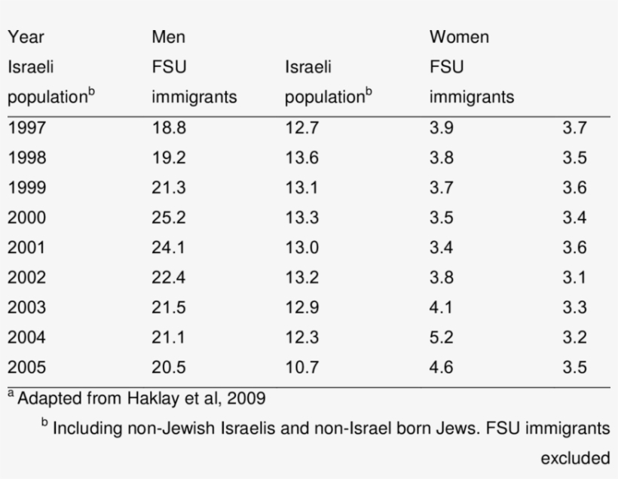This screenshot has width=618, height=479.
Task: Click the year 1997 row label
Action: pyautogui.click(x=27, y=128)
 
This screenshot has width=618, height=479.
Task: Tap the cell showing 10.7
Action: pyautogui.click(x=302, y=368)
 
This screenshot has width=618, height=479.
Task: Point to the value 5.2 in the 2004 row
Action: pyautogui.click(x=442, y=338)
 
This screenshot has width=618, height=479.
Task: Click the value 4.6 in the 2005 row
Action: pyautogui.click(x=442, y=368)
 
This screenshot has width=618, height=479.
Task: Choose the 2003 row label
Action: pyautogui.click(x=27, y=308)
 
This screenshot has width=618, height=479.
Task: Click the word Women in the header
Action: pyautogui.click(x=459, y=37)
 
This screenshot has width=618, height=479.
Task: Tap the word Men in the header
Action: pyautogui.click(x=168, y=37)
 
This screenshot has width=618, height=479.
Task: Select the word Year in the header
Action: pyautogui.click(x=25, y=37)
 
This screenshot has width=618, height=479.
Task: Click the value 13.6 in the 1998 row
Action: pyautogui.click(x=302, y=158)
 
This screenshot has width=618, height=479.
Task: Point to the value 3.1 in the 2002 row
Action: pyautogui.click(x=574, y=278)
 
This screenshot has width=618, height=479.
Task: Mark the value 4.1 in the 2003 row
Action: pyautogui.click(x=442, y=308)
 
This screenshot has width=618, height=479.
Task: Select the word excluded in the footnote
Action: pyautogui.click(x=575, y=457)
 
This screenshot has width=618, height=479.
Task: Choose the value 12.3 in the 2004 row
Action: pyautogui.click(x=302, y=338)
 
